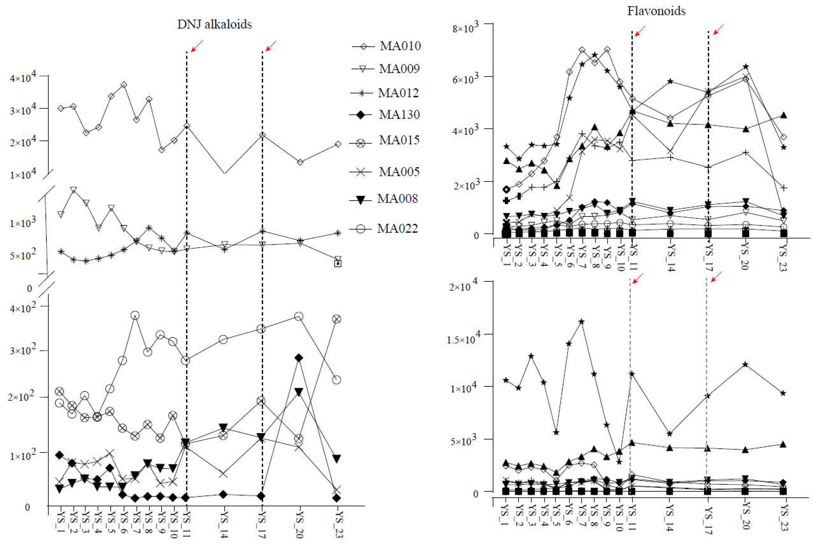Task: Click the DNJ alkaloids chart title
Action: click(x=214, y=24)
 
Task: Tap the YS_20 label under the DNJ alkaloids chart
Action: click(x=299, y=525)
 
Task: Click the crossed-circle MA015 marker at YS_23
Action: click(x=336, y=319)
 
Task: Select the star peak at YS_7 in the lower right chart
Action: click(x=581, y=321)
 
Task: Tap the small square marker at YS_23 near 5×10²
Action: click(x=337, y=263)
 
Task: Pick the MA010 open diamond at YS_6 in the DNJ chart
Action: click(x=123, y=85)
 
